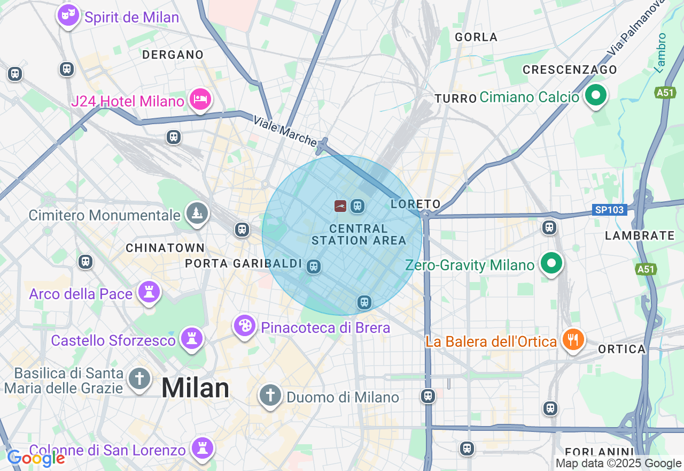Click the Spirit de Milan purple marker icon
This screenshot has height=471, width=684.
pos(68,15)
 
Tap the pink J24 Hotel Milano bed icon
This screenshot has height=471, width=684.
pos(200,99)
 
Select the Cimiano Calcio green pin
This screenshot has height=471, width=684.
pos(595,96)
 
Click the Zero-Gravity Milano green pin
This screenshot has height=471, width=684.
pos(551,263)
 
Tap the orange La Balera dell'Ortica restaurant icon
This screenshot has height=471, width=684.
pos(572,339)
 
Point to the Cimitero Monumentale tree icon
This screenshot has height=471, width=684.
pos(197,213)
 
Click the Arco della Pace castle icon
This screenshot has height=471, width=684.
pos(149,292)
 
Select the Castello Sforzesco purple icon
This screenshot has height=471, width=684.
pos(191,339)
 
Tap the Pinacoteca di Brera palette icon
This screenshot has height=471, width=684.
pos(245,325)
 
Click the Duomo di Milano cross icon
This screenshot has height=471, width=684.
pos(270,396)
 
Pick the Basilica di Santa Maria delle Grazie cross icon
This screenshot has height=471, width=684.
pos(139,379)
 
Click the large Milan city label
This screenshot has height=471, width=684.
pos(195,388)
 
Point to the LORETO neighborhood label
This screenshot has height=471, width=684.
pos(415,204)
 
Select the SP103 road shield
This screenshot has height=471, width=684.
pos(609,210)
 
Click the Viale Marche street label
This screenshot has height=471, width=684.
pos(285,131)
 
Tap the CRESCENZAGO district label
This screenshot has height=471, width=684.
pos(570,70)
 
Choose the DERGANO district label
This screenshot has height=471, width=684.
pos(173,55)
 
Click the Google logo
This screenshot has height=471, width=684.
pos(36,458)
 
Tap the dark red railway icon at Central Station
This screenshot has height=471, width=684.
pos(340,206)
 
